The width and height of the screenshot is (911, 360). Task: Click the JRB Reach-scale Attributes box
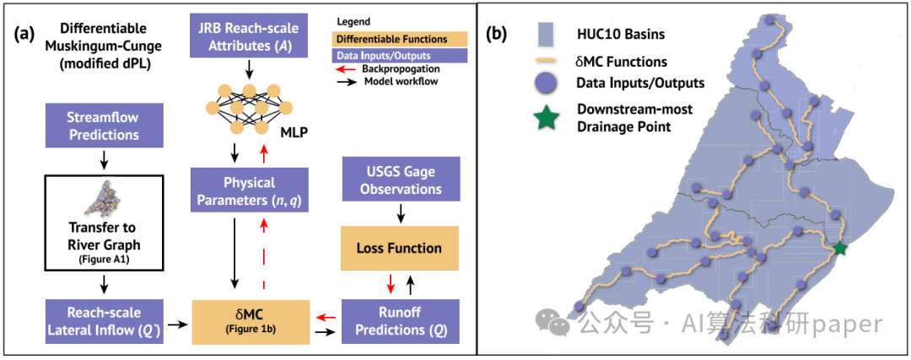coord(250,35)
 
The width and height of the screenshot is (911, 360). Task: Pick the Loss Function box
coord(401,249)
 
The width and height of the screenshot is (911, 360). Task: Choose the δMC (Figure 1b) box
coord(249,321)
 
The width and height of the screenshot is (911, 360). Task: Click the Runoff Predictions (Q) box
coord(401,321)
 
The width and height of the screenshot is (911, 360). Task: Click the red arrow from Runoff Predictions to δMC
coord(325,317)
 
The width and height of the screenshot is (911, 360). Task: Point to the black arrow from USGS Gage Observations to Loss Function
coord(401,214)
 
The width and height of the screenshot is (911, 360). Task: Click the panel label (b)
coord(500,33)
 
